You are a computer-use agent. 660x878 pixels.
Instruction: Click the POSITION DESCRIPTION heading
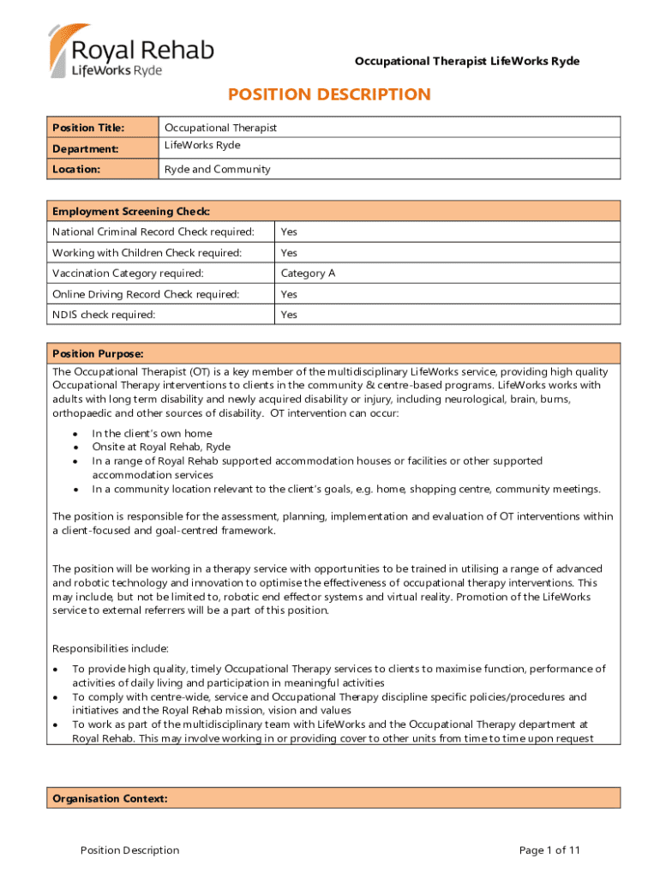coord(328,94)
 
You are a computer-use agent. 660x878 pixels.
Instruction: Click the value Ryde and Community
coord(217,169)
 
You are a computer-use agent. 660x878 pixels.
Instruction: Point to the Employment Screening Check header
coord(131,211)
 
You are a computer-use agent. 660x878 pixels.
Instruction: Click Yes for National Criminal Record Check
coord(289,232)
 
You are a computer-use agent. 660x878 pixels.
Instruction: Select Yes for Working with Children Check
coord(289,253)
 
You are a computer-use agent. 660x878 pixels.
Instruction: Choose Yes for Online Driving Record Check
coord(289,294)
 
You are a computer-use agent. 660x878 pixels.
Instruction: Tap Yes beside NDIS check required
coord(289,315)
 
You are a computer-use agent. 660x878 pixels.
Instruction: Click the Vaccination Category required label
coord(128,274)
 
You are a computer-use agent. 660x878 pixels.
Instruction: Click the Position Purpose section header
coord(98,353)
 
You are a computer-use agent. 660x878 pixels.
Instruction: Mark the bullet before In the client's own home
coord(76,434)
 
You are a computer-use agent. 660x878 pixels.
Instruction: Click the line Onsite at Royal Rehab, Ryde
coord(161,447)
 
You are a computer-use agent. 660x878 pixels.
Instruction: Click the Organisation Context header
coord(110,798)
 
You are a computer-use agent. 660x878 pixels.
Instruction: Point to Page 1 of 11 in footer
coord(549,851)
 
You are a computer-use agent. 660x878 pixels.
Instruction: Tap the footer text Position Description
coord(129,851)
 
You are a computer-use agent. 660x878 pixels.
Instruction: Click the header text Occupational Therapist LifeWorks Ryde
coord(467,61)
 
